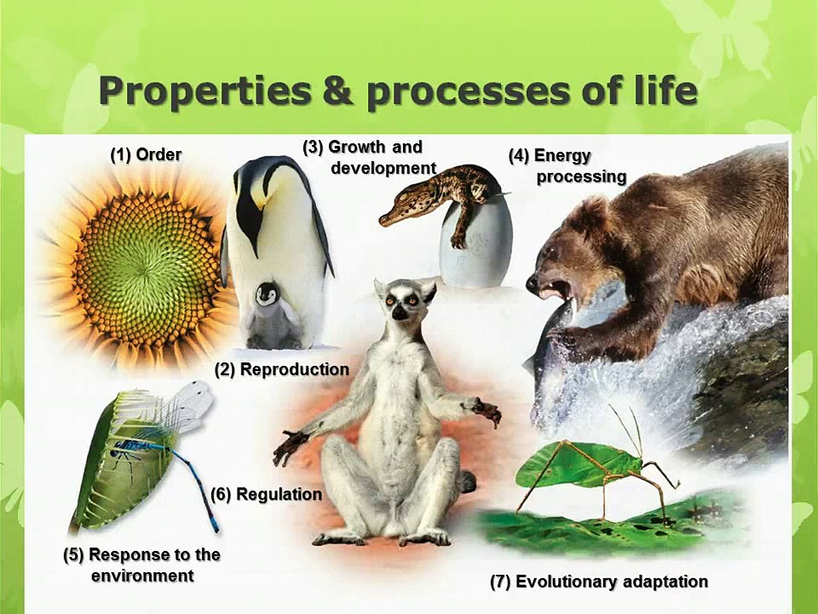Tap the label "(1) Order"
point(146,154)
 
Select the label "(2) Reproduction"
point(281,369)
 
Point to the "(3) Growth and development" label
point(370,158)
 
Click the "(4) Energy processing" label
point(567,166)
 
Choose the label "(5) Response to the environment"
point(142,565)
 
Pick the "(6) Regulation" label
point(266,495)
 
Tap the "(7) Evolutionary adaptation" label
point(598,582)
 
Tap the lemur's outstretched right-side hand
point(488,413)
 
